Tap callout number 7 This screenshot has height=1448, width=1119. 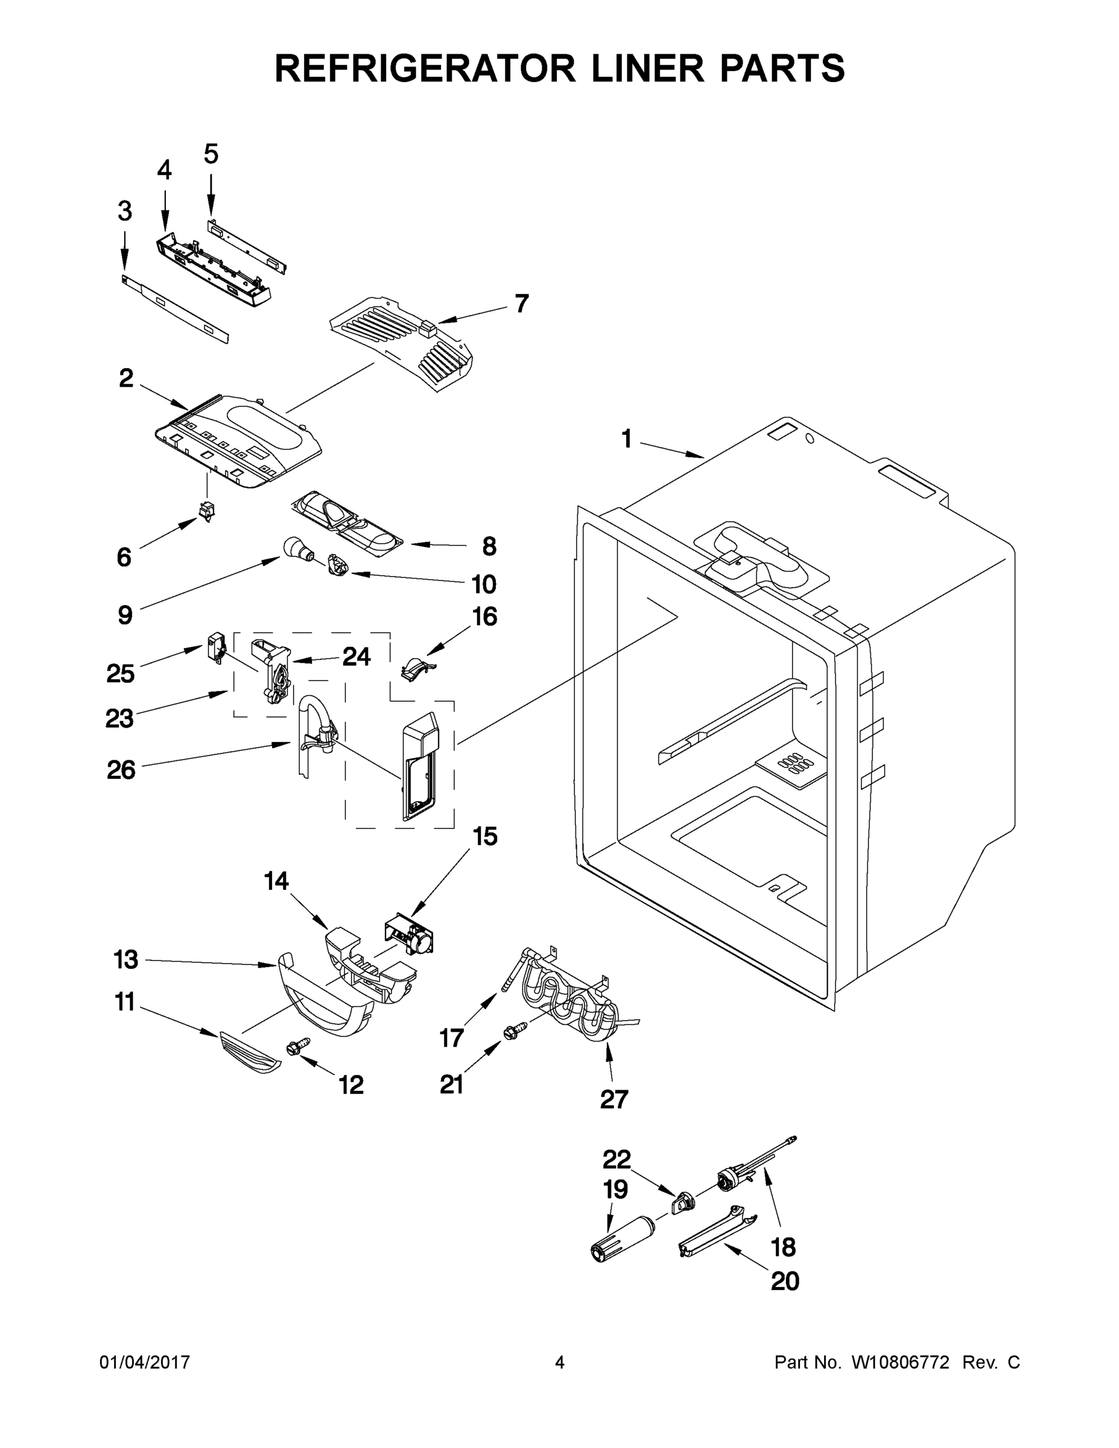pyautogui.click(x=522, y=303)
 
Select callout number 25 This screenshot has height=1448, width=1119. pyautogui.click(x=120, y=673)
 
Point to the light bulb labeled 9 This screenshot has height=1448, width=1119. pyautogui.click(x=294, y=550)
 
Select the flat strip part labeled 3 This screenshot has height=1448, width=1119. pyautogui.click(x=176, y=310)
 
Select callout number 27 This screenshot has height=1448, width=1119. pyautogui.click(x=613, y=1099)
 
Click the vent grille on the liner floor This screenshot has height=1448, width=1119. pyautogui.click(x=793, y=764)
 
